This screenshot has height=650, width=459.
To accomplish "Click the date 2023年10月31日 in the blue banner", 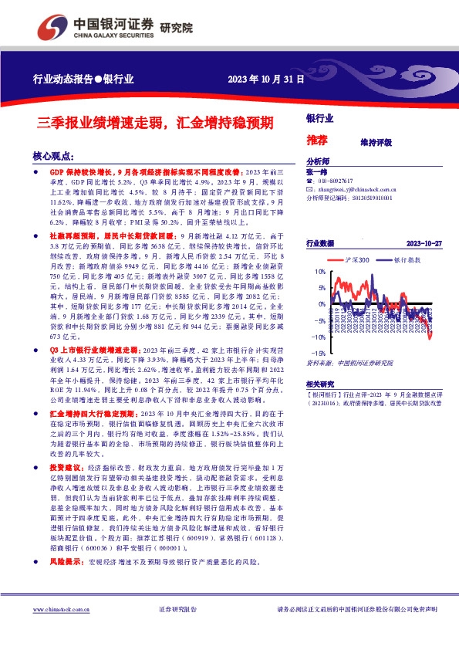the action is click(262, 80).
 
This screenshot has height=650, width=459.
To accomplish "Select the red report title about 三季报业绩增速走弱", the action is click(156, 122).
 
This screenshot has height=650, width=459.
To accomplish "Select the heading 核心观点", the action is click(53, 155).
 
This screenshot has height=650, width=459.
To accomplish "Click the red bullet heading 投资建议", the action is click(65, 468).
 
